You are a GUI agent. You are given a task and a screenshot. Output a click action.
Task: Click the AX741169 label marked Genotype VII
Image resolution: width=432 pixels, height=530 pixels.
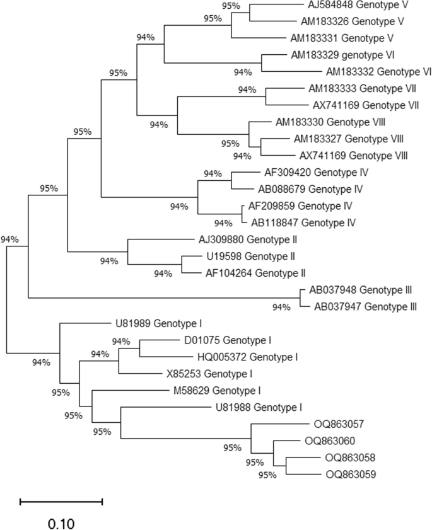pyautogui.click(x=366, y=105)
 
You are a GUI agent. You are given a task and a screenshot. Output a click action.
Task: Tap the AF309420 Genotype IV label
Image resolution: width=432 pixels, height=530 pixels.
pyautogui.click(x=317, y=172)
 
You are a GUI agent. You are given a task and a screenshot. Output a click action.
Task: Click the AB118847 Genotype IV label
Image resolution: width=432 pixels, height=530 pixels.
pyautogui.click(x=304, y=222)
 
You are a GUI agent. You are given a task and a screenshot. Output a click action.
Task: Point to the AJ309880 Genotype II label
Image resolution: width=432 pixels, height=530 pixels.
pyautogui.click(x=253, y=239)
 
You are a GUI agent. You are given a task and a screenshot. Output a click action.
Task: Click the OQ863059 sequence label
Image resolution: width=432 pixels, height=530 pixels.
pyautogui.click(x=351, y=475)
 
